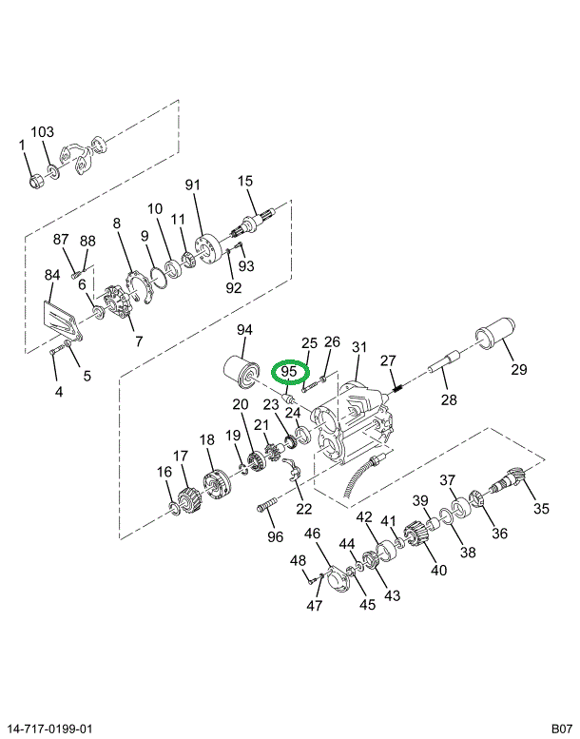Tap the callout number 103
[43, 132]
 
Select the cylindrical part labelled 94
[237, 374]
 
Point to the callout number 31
[358, 347]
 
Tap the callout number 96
[275, 536]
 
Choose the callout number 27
[387, 360]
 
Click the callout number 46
[312, 534]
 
